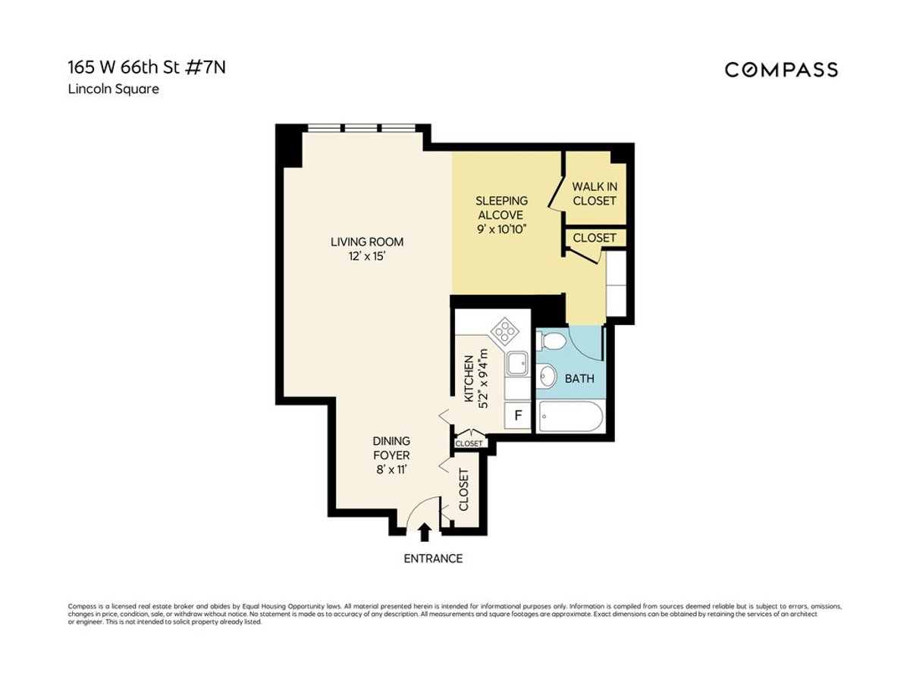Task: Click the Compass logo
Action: point(781,70)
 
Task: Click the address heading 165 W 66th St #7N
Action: point(146,67)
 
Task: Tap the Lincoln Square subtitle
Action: point(113,89)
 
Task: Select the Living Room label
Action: point(367,242)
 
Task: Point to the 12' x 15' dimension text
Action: point(367,256)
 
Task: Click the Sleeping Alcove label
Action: point(501,208)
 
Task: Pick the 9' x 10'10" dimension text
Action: point(501,229)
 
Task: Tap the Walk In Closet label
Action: point(594,193)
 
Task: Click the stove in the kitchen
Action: point(504,331)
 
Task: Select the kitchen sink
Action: point(518,364)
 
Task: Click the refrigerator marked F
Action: point(519,415)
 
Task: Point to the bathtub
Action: point(570,416)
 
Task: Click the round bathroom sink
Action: point(547,375)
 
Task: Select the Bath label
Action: point(579,378)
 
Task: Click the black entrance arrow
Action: point(424,533)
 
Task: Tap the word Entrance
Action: point(432,558)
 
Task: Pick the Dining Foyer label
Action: point(391,448)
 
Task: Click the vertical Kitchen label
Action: point(469,378)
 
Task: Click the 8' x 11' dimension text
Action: point(391,470)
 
